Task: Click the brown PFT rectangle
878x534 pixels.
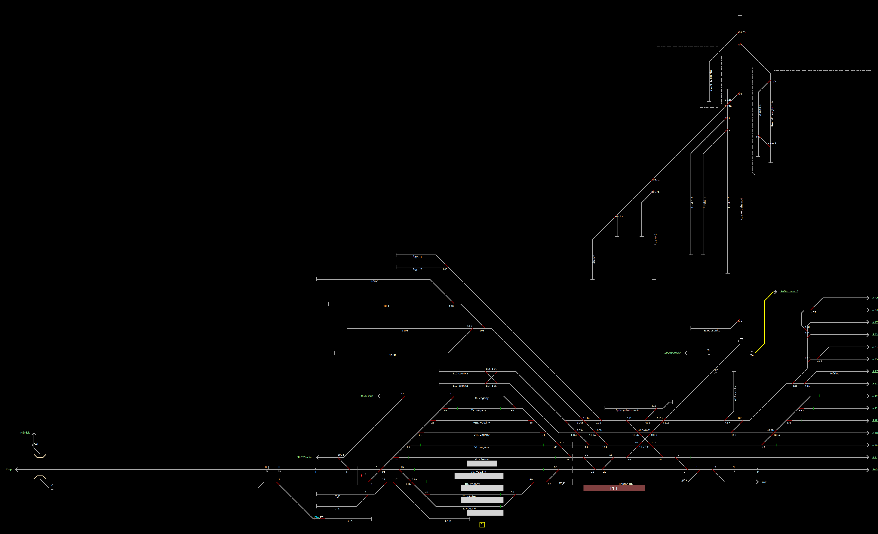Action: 614,488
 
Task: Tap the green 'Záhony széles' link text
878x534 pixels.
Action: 672,353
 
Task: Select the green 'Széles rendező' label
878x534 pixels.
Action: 789,291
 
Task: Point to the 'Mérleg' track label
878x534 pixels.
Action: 835,373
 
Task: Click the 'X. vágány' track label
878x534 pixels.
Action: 482,398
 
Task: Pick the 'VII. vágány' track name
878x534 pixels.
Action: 481,435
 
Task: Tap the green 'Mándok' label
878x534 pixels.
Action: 25,433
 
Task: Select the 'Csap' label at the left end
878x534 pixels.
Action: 9,470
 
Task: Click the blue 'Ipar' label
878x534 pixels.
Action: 764,482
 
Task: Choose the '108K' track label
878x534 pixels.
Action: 374,282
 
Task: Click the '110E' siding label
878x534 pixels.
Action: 405,331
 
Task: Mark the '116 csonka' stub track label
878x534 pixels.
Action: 460,373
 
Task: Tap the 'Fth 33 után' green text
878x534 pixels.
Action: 366,396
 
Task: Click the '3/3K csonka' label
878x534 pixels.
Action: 712,331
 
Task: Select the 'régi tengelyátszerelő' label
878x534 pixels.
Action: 626,410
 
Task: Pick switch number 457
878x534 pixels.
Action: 814,312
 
